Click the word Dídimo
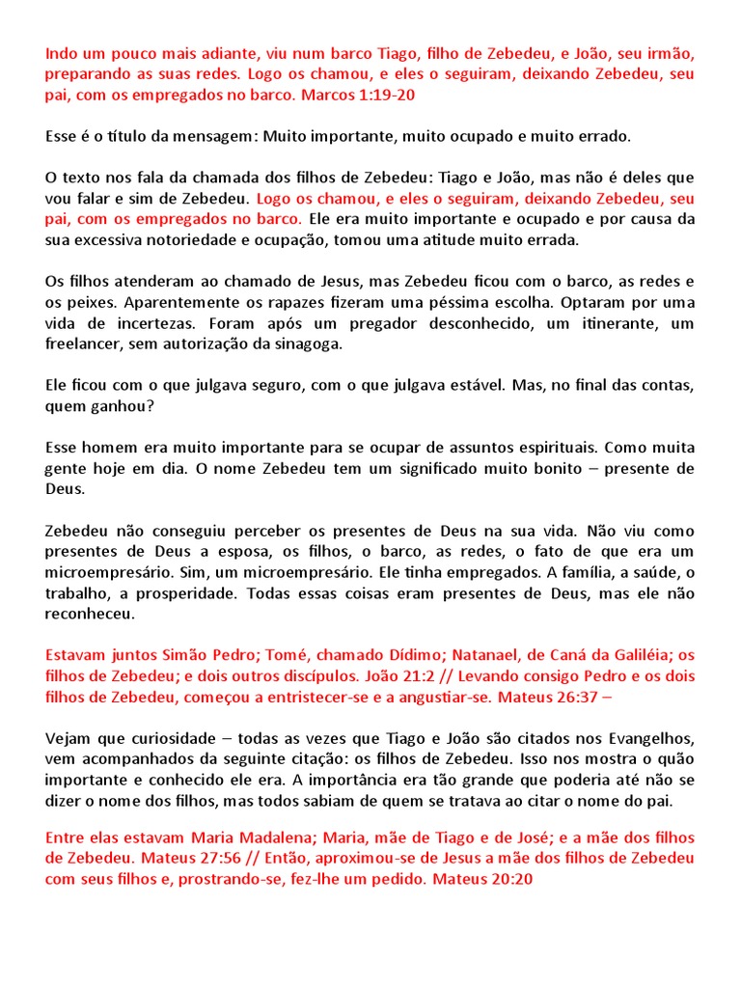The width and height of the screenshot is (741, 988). [349, 654]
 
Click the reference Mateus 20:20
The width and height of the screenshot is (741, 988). [482, 879]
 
